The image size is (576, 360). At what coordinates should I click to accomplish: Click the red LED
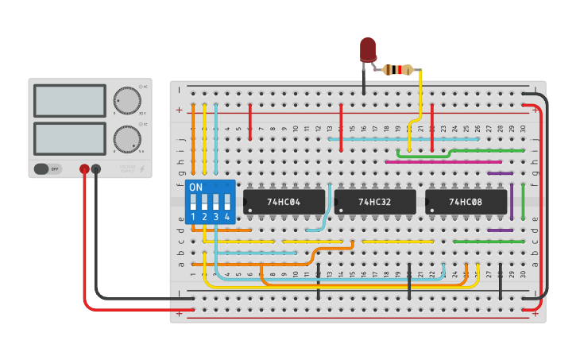[x=367, y=50]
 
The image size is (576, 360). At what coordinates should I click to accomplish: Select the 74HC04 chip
[x=284, y=202]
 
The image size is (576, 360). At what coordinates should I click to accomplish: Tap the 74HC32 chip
[x=375, y=202]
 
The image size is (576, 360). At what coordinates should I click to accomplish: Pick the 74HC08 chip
[x=466, y=202]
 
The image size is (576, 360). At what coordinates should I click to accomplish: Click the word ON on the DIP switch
[x=195, y=188]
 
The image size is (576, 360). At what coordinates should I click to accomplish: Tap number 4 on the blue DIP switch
[x=227, y=217]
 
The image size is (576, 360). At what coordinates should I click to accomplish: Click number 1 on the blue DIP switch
[x=193, y=217]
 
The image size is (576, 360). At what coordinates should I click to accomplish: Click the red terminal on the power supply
[x=84, y=168]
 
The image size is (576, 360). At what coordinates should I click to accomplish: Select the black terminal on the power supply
[x=96, y=168]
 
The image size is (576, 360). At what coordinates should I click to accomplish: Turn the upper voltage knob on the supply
[x=126, y=100]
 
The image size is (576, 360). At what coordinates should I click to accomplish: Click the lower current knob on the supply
[x=126, y=138]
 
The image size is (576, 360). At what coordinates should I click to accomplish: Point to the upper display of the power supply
[x=70, y=101]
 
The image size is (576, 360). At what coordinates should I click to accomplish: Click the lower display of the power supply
[x=70, y=138]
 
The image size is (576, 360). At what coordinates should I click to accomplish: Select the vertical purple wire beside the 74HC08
[x=512, y=201]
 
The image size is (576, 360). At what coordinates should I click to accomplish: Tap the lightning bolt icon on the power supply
[x=142, y=168]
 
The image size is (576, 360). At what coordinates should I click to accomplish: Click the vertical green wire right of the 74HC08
[x=523, y=201]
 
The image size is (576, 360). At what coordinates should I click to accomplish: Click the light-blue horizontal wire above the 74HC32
[x=404, y=139]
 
